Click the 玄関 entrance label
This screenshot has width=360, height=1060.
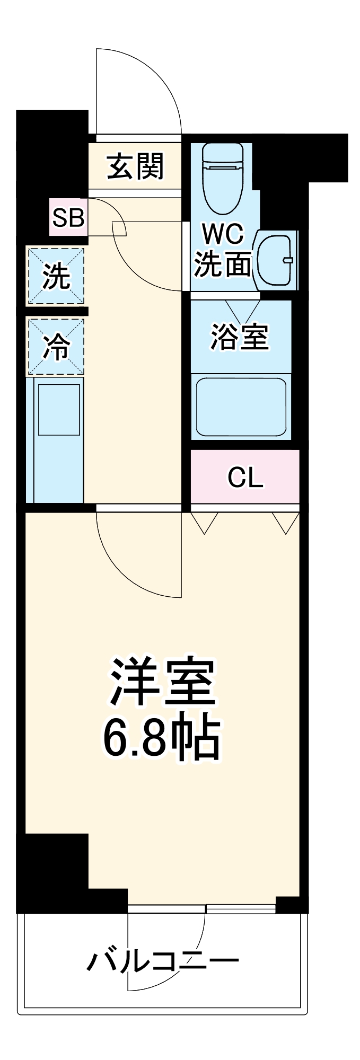click(x=135, y=167)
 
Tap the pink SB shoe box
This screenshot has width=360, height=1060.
click(x=68, y=217)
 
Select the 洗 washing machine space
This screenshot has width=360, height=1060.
click(x=56, y=276)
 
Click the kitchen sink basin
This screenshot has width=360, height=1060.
click(x=59, y=409)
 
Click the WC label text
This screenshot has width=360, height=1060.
click(x=223, y=233)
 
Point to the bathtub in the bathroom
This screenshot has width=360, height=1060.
click(x=241, y=407)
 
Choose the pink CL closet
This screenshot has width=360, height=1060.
click(x=245, y=478)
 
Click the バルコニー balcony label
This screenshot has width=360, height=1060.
click(x=163, y=960)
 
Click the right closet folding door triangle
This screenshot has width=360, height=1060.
click(x=286, y=522)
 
